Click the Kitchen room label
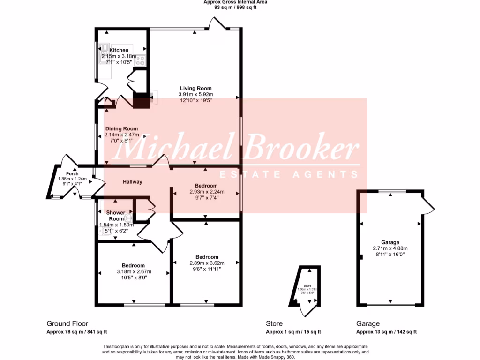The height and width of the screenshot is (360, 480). click(x=119, y=50)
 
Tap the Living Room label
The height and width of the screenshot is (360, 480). click(x=196, y=88)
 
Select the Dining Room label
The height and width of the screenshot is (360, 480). click(x=121, y=129)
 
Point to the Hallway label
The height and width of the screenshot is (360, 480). click(x=133, y=182)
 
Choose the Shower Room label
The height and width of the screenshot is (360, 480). click(x=116, y=216)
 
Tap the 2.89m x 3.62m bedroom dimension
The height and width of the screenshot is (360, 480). click(x=207, y=263)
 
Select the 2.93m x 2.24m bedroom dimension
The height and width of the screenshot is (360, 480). click(x=207, y=192)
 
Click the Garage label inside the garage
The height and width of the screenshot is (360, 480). click(x=390, y=242)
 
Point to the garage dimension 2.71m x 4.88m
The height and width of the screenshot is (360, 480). click(x=390, y=248)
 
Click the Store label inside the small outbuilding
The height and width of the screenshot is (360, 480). click(x=307, y=285)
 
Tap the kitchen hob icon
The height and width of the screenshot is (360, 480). click(x=141, y=60)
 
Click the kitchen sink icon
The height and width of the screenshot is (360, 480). click(x=103, y=48)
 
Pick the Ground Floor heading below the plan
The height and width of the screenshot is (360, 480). click(x=67, y=323)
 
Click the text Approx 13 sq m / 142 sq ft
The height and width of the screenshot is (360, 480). click(x=386, y=332)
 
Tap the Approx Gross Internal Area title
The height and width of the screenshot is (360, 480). click(x=235, y=2)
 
